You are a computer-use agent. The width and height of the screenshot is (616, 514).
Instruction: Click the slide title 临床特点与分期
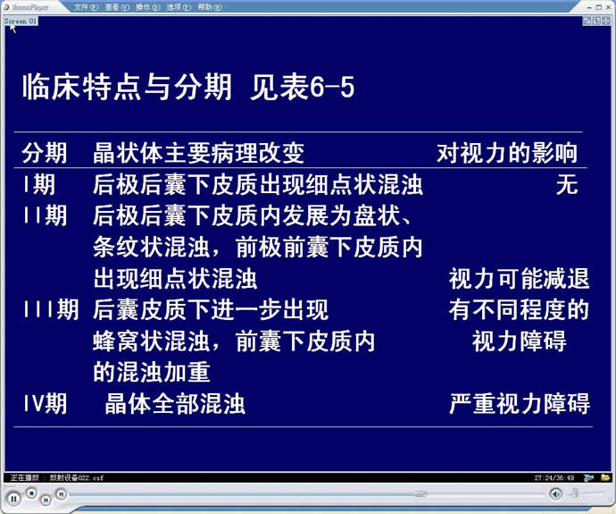[127, 87]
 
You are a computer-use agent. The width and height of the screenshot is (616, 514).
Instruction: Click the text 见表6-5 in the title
[302, 87]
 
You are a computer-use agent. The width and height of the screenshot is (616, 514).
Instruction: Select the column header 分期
[45, 153]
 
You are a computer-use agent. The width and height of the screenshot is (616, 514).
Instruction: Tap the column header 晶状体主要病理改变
[199, 153]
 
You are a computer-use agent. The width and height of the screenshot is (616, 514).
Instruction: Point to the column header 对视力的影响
[507, 153]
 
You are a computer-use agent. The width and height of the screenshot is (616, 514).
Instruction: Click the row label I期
[39, 184]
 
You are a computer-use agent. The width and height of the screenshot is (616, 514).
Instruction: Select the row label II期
[46, 215]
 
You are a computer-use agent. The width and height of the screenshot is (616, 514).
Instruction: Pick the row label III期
[51, 309]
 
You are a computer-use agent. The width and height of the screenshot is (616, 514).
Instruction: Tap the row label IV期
[46, 403]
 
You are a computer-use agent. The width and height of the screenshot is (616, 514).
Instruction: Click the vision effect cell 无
[567, 184]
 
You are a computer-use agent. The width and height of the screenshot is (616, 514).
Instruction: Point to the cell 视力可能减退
[519, 278]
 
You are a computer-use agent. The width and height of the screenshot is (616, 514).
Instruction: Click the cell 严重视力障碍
[520, 403]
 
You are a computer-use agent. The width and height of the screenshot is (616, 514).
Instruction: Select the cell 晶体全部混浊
[175, 403]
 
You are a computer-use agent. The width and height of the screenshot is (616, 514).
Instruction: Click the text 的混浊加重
[152, 372]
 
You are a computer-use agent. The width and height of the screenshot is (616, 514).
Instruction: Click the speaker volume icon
[555, 493]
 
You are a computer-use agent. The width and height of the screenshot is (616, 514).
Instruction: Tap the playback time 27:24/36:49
[554, 478]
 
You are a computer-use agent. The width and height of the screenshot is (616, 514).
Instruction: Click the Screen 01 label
[21, 21]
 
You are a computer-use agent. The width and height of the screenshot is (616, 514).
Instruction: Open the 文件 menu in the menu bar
[86, 7]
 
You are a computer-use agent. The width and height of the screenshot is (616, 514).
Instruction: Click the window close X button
[608, 7]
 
